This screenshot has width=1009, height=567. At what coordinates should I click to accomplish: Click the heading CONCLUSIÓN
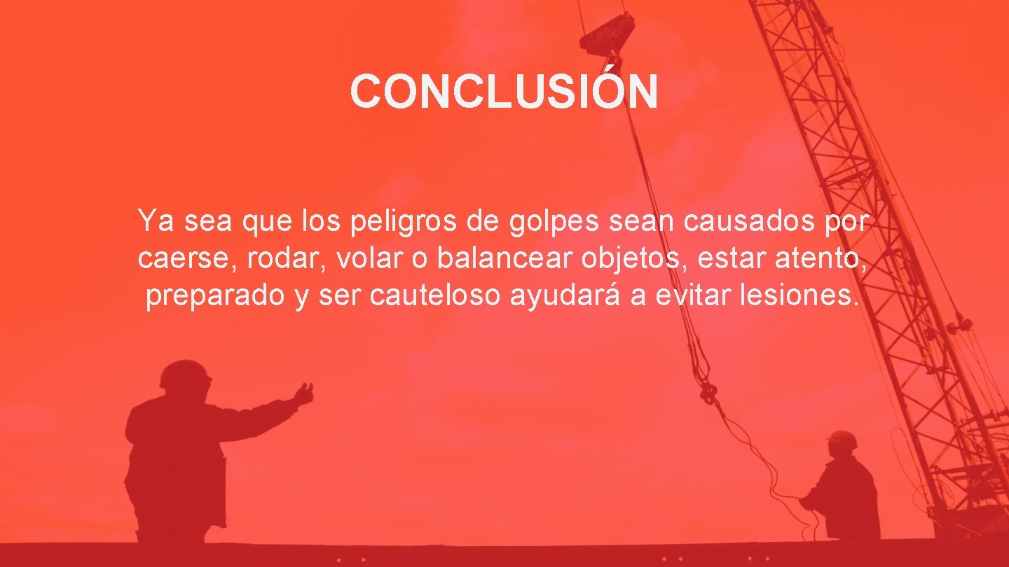pos(504,92)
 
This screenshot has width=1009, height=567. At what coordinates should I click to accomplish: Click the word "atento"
pos(824,259)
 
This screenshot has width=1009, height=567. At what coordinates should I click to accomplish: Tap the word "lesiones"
pos(797,295)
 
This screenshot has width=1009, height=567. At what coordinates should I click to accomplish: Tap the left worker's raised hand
pos(304,393)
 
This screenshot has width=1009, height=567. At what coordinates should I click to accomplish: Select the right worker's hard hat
pos(842,440)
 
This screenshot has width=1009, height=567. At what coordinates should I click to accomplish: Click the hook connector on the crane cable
pos(708,392)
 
